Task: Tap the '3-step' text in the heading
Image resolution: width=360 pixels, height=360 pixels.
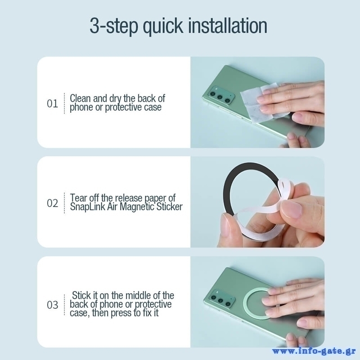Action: click(114, 26)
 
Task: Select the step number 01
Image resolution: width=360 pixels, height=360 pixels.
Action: click(52, 103)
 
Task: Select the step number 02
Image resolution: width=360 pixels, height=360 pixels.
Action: click(52, 203)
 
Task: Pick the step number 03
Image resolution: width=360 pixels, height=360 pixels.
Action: click(52, 305)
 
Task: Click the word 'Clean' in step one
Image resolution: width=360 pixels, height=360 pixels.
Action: click(80, 98)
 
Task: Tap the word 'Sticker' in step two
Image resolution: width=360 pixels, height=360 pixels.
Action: click(170, 207)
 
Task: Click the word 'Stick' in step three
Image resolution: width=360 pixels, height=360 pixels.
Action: click(81, 295)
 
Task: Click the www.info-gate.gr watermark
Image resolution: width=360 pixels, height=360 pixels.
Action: click(314, 351)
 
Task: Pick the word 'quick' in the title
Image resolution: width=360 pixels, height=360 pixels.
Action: click(163, 26)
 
